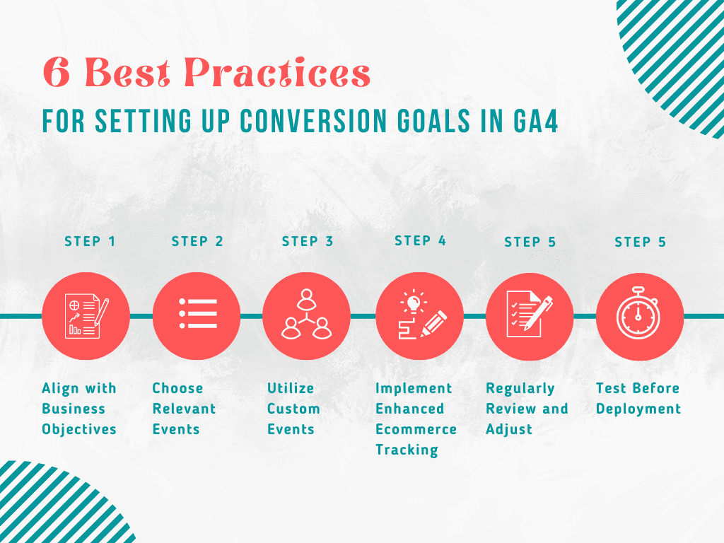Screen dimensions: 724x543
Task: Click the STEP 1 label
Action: [x=90, y=241]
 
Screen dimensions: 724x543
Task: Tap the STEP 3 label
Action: [x=308, y=241]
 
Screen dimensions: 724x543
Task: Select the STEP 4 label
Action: [x=420, y=240]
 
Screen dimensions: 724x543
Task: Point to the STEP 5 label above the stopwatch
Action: [x=640, y=242]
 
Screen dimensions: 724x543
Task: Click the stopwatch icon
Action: [x=638, y=313]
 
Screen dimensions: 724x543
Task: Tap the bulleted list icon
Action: [x=198, y=314]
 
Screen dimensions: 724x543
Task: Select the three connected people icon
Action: [x=307, y=314]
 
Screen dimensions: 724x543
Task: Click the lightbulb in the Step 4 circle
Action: [x=414, y=302]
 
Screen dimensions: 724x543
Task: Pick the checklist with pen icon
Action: [x=530, y=314]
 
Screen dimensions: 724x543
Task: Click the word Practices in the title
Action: [x=277, y=73]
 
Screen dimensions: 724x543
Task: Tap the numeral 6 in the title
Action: [x=57, y=73]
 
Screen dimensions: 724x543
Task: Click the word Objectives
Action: [x=79, y=429]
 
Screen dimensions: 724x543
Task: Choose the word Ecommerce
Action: [x=416, y=429]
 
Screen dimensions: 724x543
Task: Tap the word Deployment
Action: [x=638, y=409]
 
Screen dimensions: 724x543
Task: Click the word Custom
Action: [x=293, y=409]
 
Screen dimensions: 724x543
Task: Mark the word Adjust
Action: [x=509, y=429]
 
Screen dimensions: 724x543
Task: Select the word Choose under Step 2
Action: [x=177, y=388]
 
